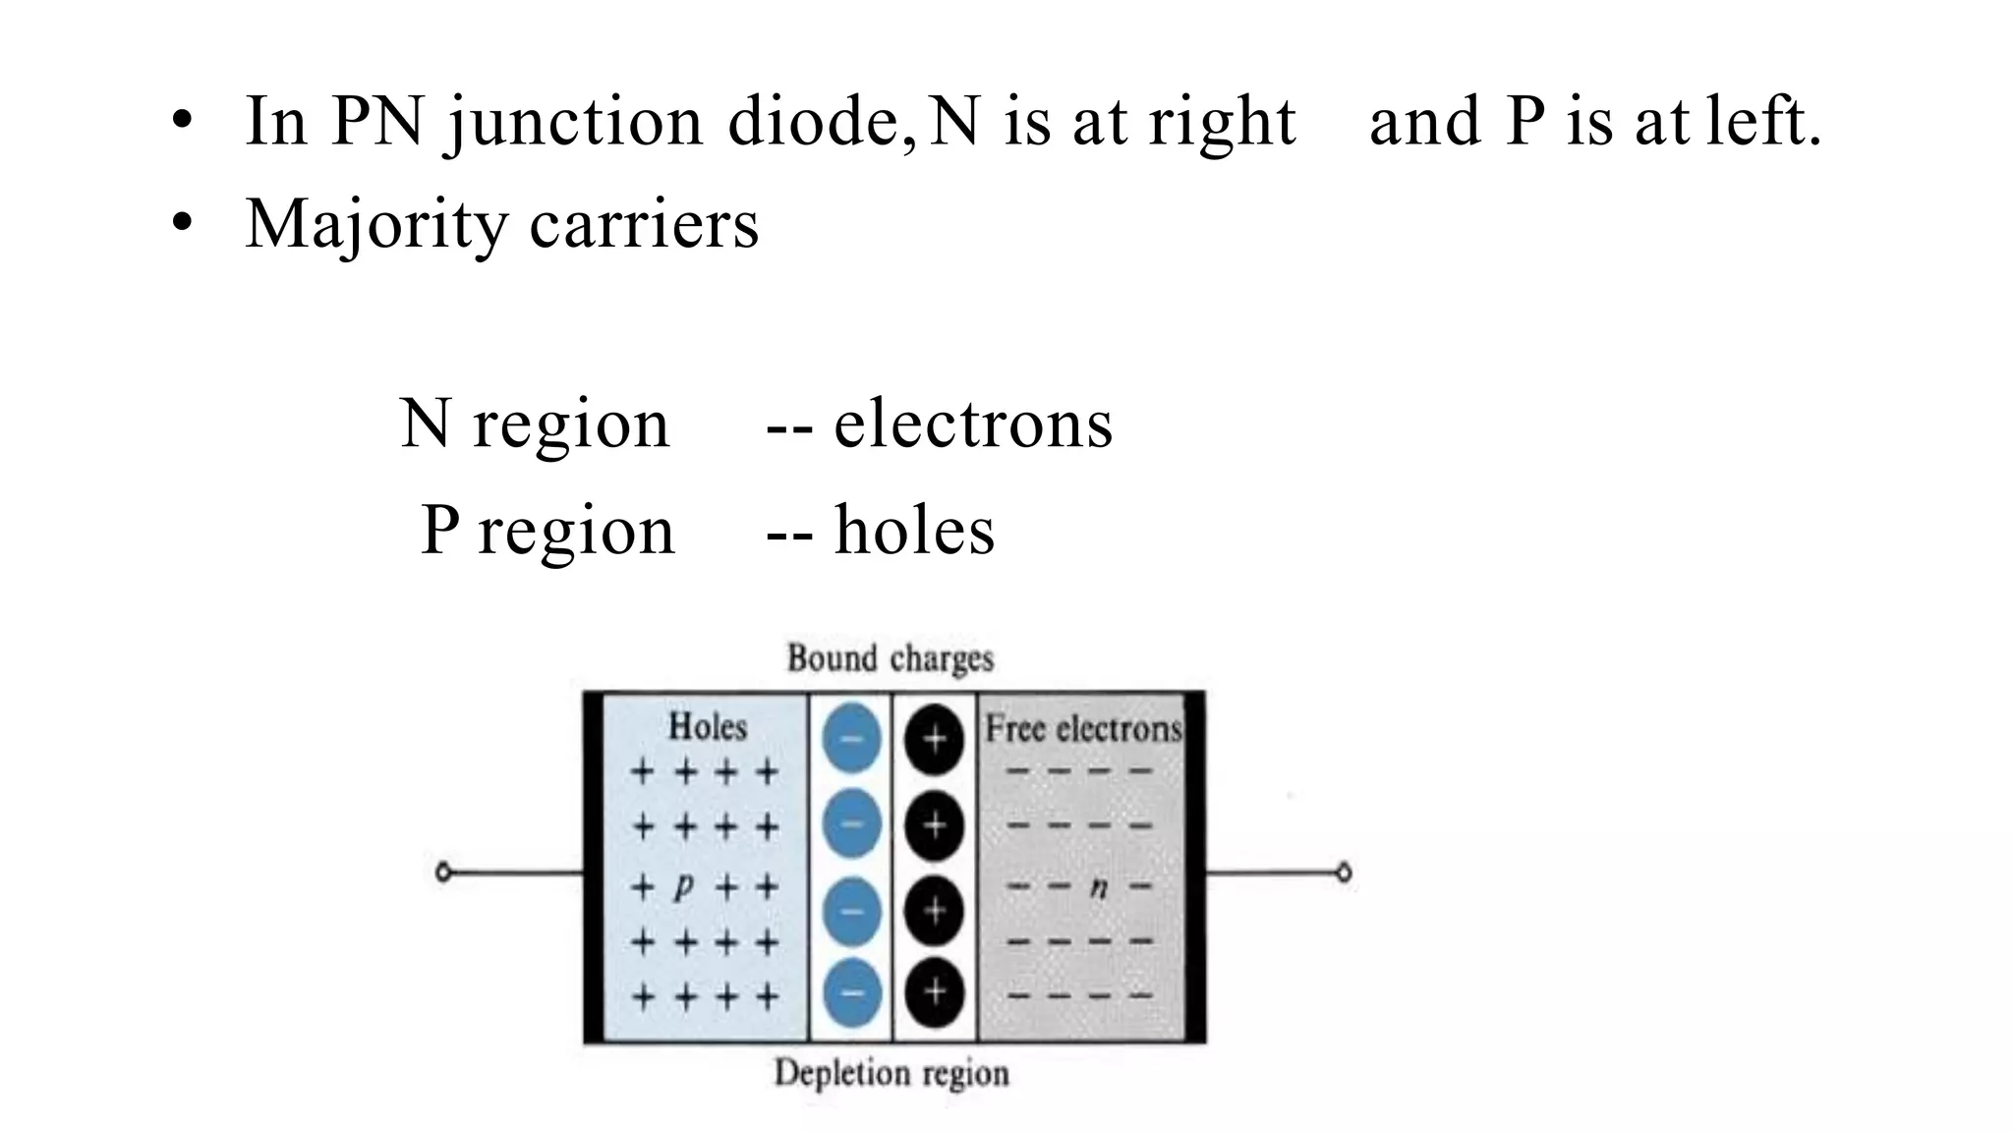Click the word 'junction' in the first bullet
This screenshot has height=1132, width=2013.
[x=575, y=122]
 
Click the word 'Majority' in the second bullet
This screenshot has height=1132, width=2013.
[x=375, y=224]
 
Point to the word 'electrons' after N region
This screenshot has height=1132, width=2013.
[x=973, y=424]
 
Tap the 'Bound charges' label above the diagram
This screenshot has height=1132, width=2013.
[x=891, y=657]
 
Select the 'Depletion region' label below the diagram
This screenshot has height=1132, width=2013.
[x=891, y=1072]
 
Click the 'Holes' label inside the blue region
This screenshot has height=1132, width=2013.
[x=708, y=727]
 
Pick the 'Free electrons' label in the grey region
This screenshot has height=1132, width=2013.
[x=1083, y=729]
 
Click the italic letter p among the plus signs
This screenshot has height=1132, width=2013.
[x=683, y=886]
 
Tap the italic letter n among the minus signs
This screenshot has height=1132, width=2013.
[x=1099, y=887]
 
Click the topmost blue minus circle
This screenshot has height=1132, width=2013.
[x=851, y=738]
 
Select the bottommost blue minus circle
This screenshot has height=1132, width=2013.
[x=851, y=992]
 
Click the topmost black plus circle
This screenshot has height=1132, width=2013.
[x=934, y=738]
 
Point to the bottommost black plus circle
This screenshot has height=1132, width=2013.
[x=934, y=991]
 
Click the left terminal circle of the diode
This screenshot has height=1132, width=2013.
[x=443, y=872]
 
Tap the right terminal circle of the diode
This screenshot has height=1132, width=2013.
[x=1344, y=872]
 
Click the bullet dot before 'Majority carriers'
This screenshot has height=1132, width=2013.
[x=181, y=224]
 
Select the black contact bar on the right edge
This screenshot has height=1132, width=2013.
[x=1195, y=867]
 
